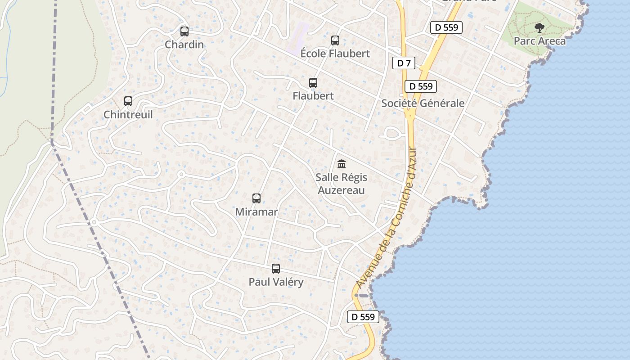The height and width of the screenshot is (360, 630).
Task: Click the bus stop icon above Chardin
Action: click(184, 31)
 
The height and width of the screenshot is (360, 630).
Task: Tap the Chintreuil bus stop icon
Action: click(128, 102)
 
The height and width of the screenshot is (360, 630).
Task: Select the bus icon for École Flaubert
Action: click(335, 40)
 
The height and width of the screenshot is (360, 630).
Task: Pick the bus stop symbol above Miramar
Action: click(256, 198)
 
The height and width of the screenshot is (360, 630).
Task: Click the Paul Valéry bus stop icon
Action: click(276, 269)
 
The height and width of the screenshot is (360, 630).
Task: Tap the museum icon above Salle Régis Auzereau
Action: click(342, 164)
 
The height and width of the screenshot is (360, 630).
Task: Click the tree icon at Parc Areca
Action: click(539, 28)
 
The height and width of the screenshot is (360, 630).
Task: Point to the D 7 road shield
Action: click(404, 63)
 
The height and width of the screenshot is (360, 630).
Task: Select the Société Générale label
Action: click(423, 103)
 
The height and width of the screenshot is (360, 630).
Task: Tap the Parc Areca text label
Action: click(540, 41)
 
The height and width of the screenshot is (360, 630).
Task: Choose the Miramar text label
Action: click(256, 211)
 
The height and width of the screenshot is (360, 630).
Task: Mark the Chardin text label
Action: click(184, 45)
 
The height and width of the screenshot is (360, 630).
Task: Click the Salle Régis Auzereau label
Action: click(342, 184)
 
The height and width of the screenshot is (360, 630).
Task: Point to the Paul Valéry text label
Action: click(276, 282)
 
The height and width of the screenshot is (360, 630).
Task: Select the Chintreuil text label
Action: click(128, 115)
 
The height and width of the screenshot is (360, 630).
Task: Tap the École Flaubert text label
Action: click(335, 54)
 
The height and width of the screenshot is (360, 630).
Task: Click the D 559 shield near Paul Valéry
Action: click(363, 317)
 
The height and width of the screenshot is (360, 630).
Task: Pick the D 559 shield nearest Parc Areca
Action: click(446, 27)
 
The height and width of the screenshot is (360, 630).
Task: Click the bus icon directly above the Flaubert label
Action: click(313, 83)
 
